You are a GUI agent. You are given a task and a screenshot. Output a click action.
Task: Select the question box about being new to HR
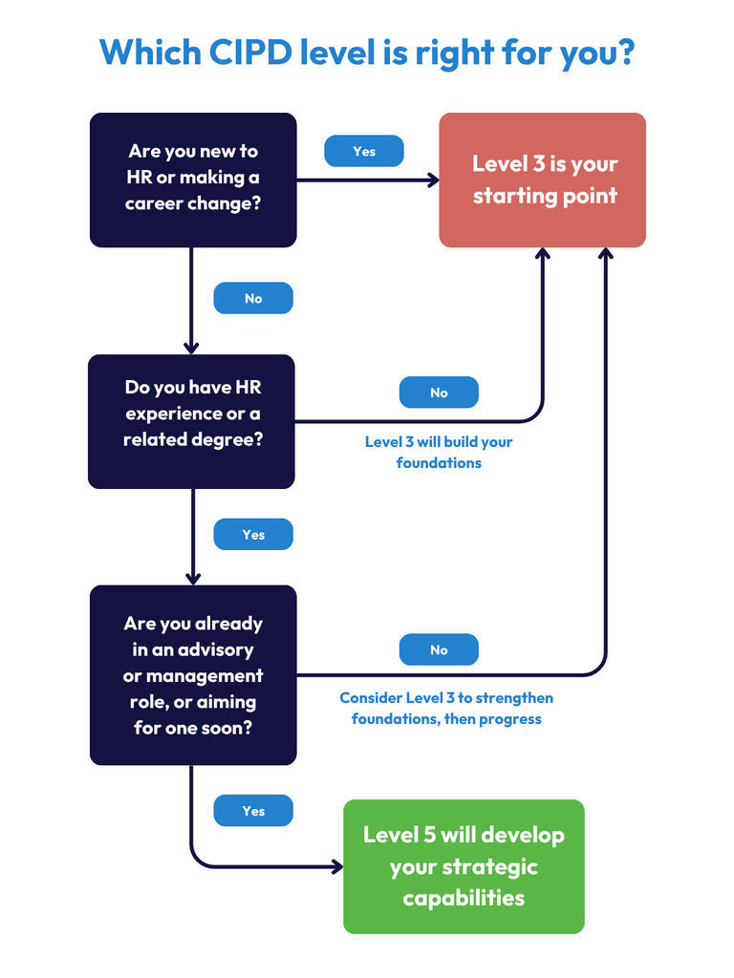click(193, 180)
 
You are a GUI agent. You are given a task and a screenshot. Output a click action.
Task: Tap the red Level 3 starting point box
click(543, 180)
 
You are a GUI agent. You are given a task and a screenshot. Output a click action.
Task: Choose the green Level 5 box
click(464, 866)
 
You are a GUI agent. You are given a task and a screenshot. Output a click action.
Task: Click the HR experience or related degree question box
click(191, 421)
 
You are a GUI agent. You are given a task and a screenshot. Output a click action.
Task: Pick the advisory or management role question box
click(193, 675)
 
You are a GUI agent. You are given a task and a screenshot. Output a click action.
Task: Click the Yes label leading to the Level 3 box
click(364, 151)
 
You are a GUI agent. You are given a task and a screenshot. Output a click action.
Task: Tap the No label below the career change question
click(253, 298)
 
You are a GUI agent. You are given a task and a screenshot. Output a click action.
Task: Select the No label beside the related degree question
click(439, 393)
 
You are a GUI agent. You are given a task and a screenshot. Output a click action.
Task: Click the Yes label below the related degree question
click(253, 535)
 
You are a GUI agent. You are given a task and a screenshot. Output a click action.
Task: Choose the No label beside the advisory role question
click(439, 650)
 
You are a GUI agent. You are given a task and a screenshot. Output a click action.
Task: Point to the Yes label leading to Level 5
click(253, 811)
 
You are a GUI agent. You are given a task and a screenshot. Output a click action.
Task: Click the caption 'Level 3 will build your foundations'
click(439, 453)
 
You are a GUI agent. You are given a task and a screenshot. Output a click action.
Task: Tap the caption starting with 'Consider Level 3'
click(446, 708)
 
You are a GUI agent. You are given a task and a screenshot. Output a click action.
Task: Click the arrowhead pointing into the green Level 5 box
click(336, 866)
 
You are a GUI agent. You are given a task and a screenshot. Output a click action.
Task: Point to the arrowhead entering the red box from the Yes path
click(432, 180)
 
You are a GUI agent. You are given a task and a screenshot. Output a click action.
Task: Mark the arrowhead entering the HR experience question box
click(191, 349)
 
